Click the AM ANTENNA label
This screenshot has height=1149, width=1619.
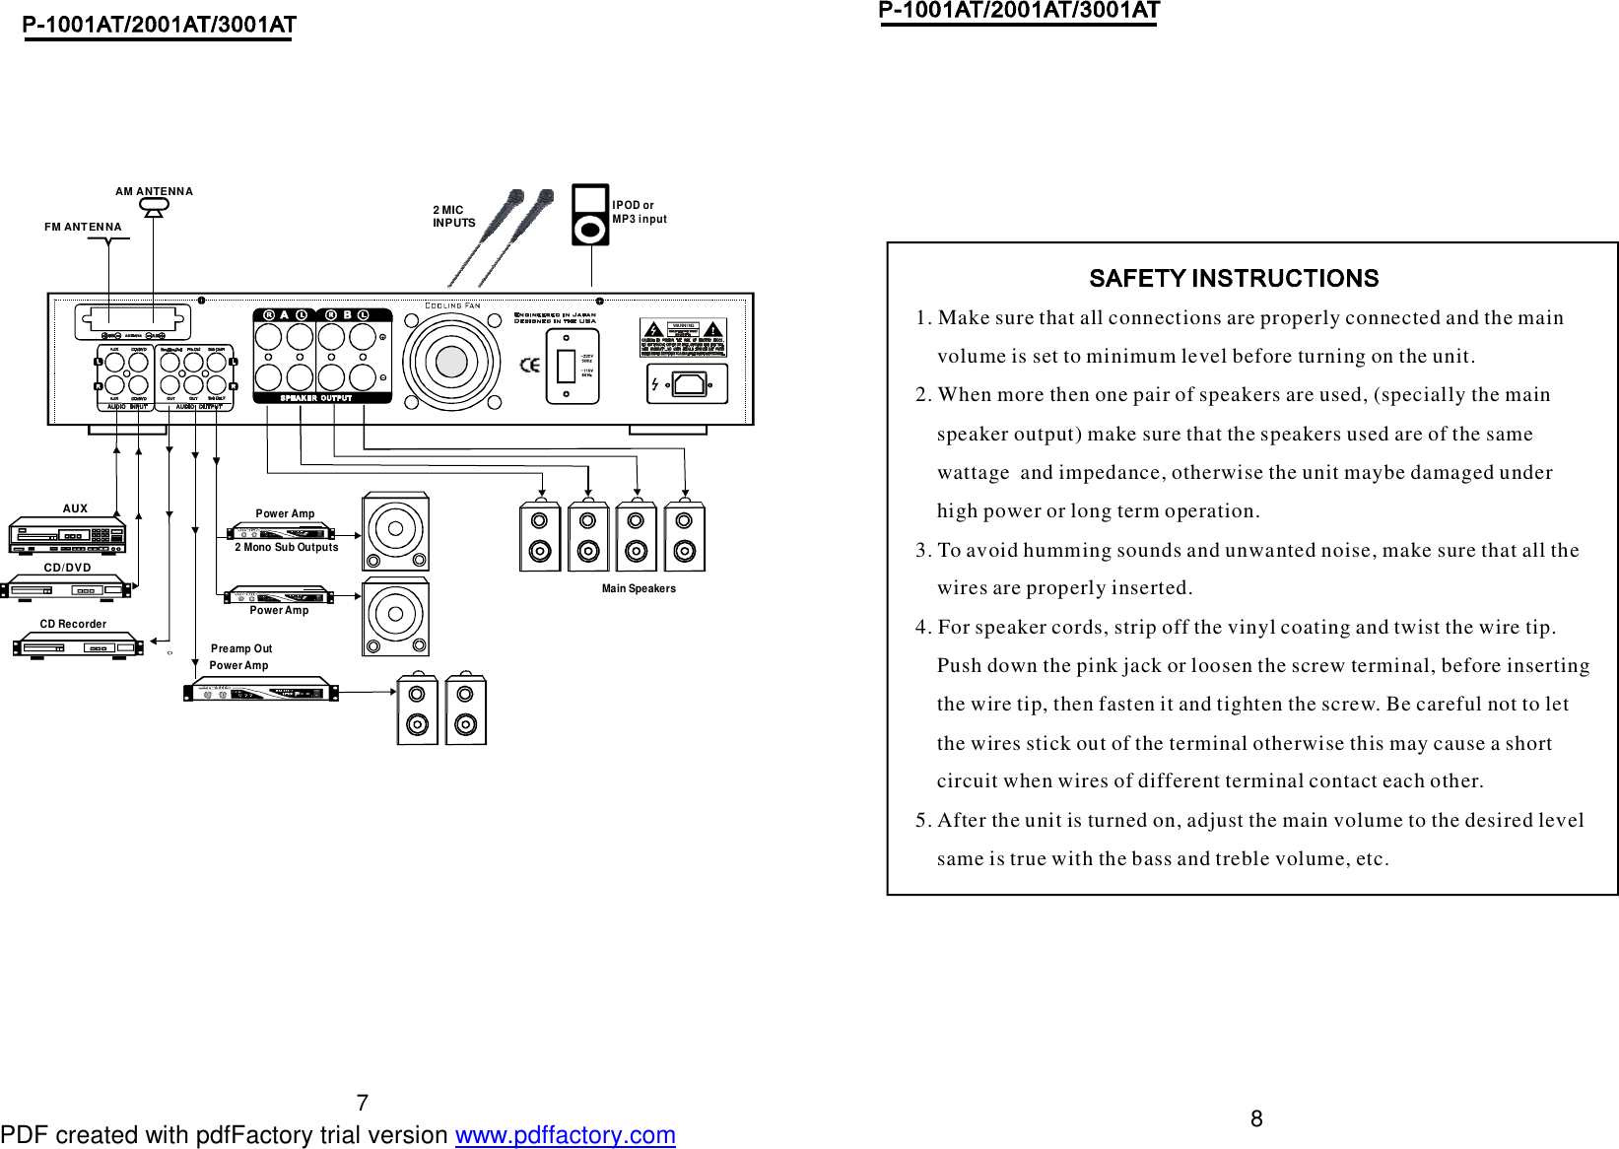[154, 191]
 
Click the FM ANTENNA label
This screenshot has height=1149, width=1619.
[83, 227]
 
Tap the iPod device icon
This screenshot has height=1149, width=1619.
[590, 215]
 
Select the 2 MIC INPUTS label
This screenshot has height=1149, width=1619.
[453, 216]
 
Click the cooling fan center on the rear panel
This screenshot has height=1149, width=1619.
[451, 362]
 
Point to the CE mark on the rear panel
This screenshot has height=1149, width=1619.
[530, 365]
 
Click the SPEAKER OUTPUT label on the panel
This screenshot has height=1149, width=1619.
[315, 398]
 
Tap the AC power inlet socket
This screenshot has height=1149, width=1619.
[689, 383]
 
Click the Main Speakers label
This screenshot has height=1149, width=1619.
[639, 588]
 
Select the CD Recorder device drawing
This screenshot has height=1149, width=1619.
[77, 646]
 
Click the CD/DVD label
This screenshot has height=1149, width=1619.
[67, 568]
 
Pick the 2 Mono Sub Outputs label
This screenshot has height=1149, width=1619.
[286, 547]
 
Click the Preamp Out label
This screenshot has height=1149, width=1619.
[241, 648]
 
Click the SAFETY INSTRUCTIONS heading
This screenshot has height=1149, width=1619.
[1233, 279]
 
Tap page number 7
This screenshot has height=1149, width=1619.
[362, 1103]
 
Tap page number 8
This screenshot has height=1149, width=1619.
[1256, 1118]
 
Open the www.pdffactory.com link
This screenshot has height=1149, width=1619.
[565, 1135]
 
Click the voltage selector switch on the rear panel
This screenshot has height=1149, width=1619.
[566, 366]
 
